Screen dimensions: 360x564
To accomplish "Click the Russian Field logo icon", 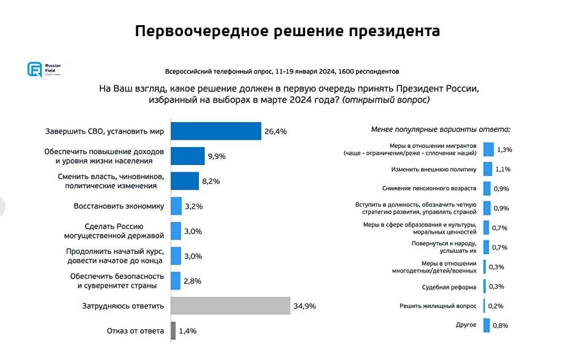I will tap(34, 69).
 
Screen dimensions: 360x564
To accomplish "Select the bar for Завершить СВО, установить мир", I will tap(215, 131).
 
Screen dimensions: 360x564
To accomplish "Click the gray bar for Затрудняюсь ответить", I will tap(230, 305).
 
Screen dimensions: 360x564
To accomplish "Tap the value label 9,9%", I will tap(217, 156).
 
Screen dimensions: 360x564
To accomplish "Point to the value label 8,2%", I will tap(211, 182).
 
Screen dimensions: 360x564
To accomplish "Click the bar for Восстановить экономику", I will tap(176, 206).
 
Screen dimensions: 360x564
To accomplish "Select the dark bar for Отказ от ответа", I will tap(173, 331).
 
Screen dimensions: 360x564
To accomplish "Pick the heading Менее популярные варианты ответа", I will tap(441, 129).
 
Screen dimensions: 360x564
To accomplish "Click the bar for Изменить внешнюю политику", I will tap(488, 169).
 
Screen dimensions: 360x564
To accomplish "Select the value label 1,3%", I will tap(504, 150).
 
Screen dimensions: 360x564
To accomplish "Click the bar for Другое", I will tap(487, 325).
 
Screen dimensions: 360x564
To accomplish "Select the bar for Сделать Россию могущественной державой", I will tap(176, 231).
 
